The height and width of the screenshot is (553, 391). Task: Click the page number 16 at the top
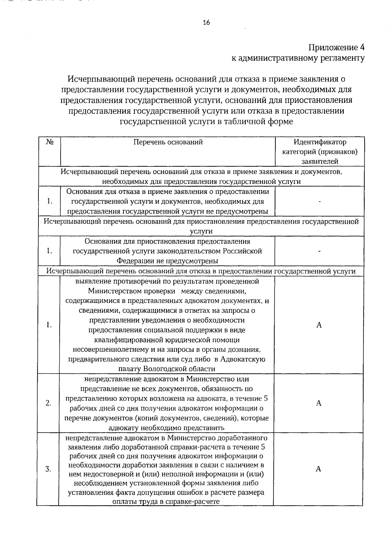click(x=206, y=22)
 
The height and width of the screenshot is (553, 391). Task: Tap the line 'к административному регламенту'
click(x=298, y=58)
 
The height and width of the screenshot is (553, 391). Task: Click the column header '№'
click(x=50, y=142)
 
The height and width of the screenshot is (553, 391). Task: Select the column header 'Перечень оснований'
click(x=168, y=142)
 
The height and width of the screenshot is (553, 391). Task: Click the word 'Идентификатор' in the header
click(x=320, y=142)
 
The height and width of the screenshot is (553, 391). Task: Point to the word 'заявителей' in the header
click(x=320, y=161)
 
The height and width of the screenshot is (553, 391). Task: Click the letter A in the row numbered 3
click(x=318, y=469)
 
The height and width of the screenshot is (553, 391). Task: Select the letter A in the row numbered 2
click(x=319, y=403)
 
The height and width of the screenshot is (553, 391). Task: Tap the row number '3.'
click(x=48, y=469)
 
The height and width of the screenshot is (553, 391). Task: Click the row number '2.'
click(x=48, y=403)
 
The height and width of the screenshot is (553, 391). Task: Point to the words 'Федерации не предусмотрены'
click(x=167, y=261)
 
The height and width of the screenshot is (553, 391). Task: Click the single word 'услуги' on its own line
click(x=201, y=231)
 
